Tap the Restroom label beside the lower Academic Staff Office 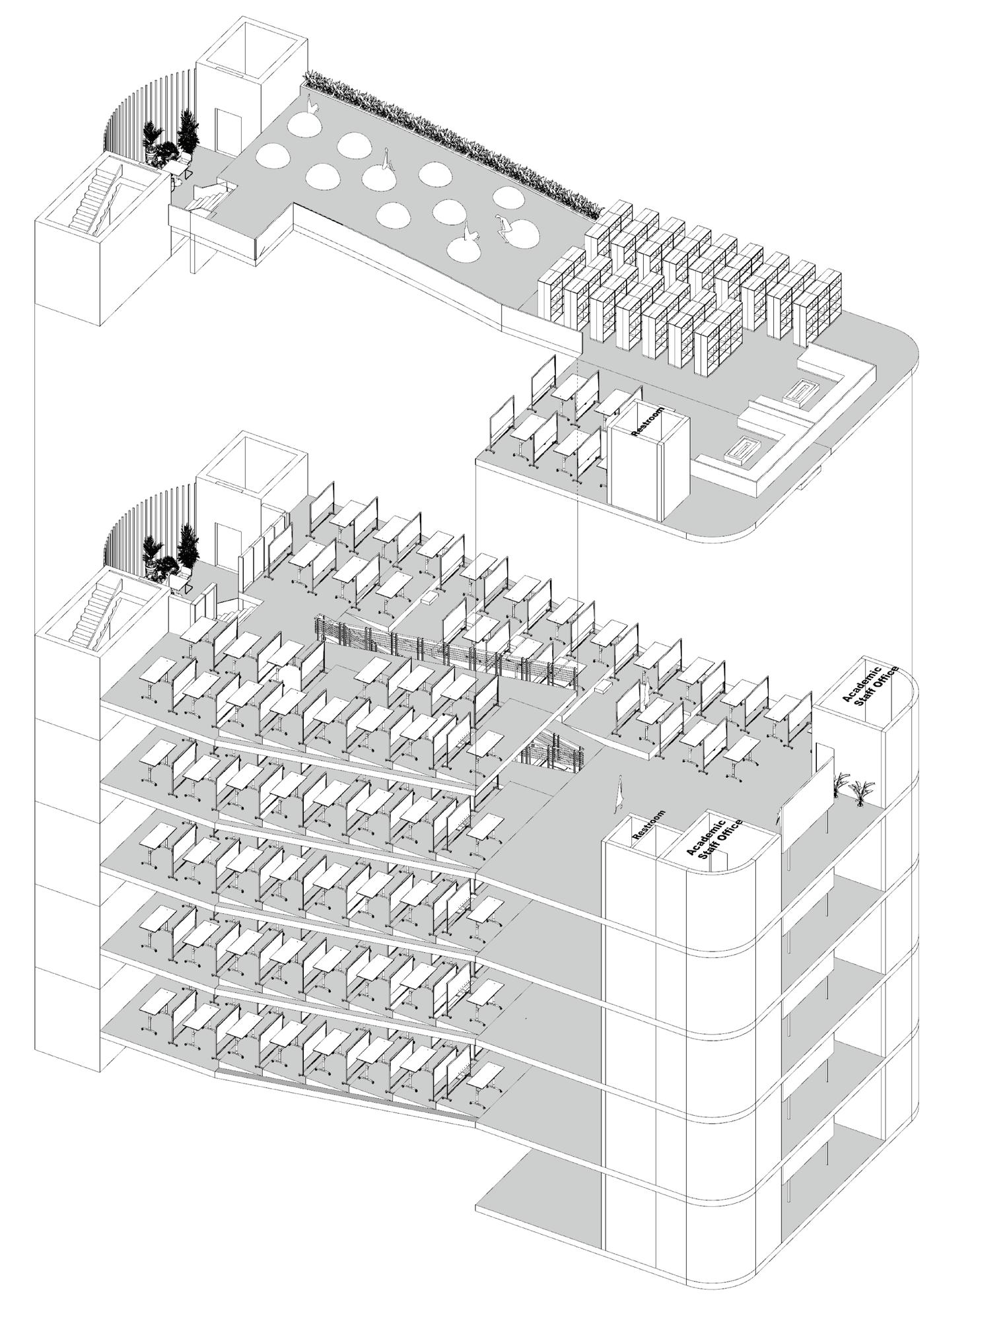pyautogui.click(x=648, y=825)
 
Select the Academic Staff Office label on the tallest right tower pyautogui.click(x=870, y=686)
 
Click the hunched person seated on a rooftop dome pyautogui.click(x=503, y=227)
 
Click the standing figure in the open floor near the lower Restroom pyautogui.click(x=619, y=792)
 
